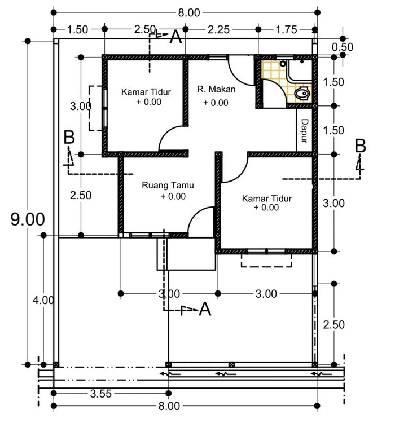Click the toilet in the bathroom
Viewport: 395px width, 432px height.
click(301, 94)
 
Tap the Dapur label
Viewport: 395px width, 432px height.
click(304, 131)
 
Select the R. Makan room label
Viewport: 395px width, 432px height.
click(216, 89)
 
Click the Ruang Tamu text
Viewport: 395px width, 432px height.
click(168, 185)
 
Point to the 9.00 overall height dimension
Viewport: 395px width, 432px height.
click(28, 219)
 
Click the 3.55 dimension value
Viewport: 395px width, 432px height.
click(101, 394)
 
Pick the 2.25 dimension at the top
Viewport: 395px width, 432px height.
click(218, 29)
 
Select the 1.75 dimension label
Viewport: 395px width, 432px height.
click(287, 29)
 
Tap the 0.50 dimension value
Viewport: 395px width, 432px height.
click(343, 47)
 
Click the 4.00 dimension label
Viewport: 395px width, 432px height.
click(43, 300)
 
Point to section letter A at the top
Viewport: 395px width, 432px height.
click(175, 37)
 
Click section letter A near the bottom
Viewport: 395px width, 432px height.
click(205, 308)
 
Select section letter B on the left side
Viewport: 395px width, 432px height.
click(69, 137)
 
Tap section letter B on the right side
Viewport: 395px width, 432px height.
click(360, 146)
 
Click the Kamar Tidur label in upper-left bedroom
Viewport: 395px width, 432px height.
click(146, 92)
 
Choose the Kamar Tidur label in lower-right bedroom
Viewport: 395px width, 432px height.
click(267, 199)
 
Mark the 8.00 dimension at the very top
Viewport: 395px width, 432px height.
click(189, 12)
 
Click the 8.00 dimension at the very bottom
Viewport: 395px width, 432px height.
click(169, 406)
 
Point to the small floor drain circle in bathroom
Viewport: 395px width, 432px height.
click(283, 64)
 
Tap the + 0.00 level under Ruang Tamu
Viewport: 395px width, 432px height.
click(173, 196)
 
